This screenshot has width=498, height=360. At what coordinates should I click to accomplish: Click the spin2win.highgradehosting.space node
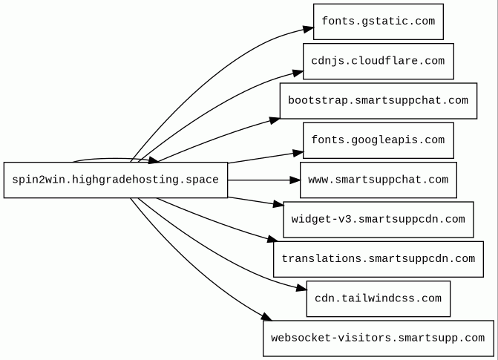pos(116,180)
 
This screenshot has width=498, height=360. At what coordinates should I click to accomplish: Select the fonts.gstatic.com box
pos(379,22)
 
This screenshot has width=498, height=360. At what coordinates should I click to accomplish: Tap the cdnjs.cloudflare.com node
pos(379,62)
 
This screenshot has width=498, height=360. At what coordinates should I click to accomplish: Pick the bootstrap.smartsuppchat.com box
pos(379,101)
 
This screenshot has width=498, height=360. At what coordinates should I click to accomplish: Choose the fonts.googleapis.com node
pos(379,140)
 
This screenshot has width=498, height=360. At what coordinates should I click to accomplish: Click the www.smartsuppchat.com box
pos(379,180)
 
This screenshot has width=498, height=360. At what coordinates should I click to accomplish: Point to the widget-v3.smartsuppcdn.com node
pos(379,220)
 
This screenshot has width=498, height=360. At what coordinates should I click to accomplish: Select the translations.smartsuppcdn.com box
pos(379,259)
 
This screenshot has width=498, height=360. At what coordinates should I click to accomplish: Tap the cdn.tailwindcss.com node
pos(379,298)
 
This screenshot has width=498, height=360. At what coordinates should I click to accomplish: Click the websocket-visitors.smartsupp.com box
pos(379,338)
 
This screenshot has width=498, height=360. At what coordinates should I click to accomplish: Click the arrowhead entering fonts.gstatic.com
pos(309,29)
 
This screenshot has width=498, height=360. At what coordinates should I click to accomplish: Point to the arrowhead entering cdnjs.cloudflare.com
pos(298,73)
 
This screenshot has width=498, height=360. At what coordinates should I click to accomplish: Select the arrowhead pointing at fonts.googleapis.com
pos(298,153)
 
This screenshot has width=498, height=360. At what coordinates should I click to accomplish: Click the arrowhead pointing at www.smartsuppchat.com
pos(295,180)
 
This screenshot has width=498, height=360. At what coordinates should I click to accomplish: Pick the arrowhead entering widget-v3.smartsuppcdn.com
pos(278,204)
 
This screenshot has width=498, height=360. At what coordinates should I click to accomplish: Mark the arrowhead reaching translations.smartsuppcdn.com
pos(273,239)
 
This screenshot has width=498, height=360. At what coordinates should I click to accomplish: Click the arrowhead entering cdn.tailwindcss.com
pos(302,288)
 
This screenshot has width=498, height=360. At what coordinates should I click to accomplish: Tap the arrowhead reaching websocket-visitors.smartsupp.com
pos(266,317)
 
